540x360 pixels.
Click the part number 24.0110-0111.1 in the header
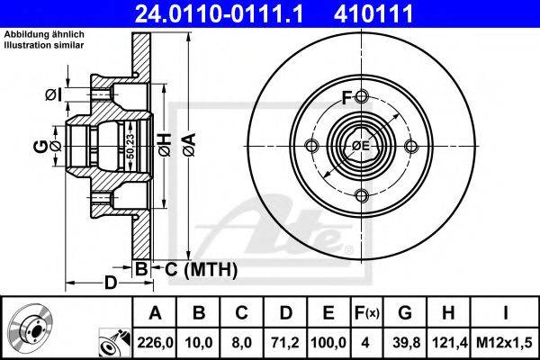click(x=220, y=13)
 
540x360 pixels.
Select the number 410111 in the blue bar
click(x=373, y=13)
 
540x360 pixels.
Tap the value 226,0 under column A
click(x=155, y=343)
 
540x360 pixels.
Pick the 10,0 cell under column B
click(x=199, y=343)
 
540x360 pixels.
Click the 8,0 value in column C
click(x=242, y=343)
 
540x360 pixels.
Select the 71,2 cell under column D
click(x=285, y=343)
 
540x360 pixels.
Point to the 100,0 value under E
click(x=328, y=343)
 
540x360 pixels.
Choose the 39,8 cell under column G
click(x=406, y=343)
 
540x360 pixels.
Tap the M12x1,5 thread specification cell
click(x=504, y=343)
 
